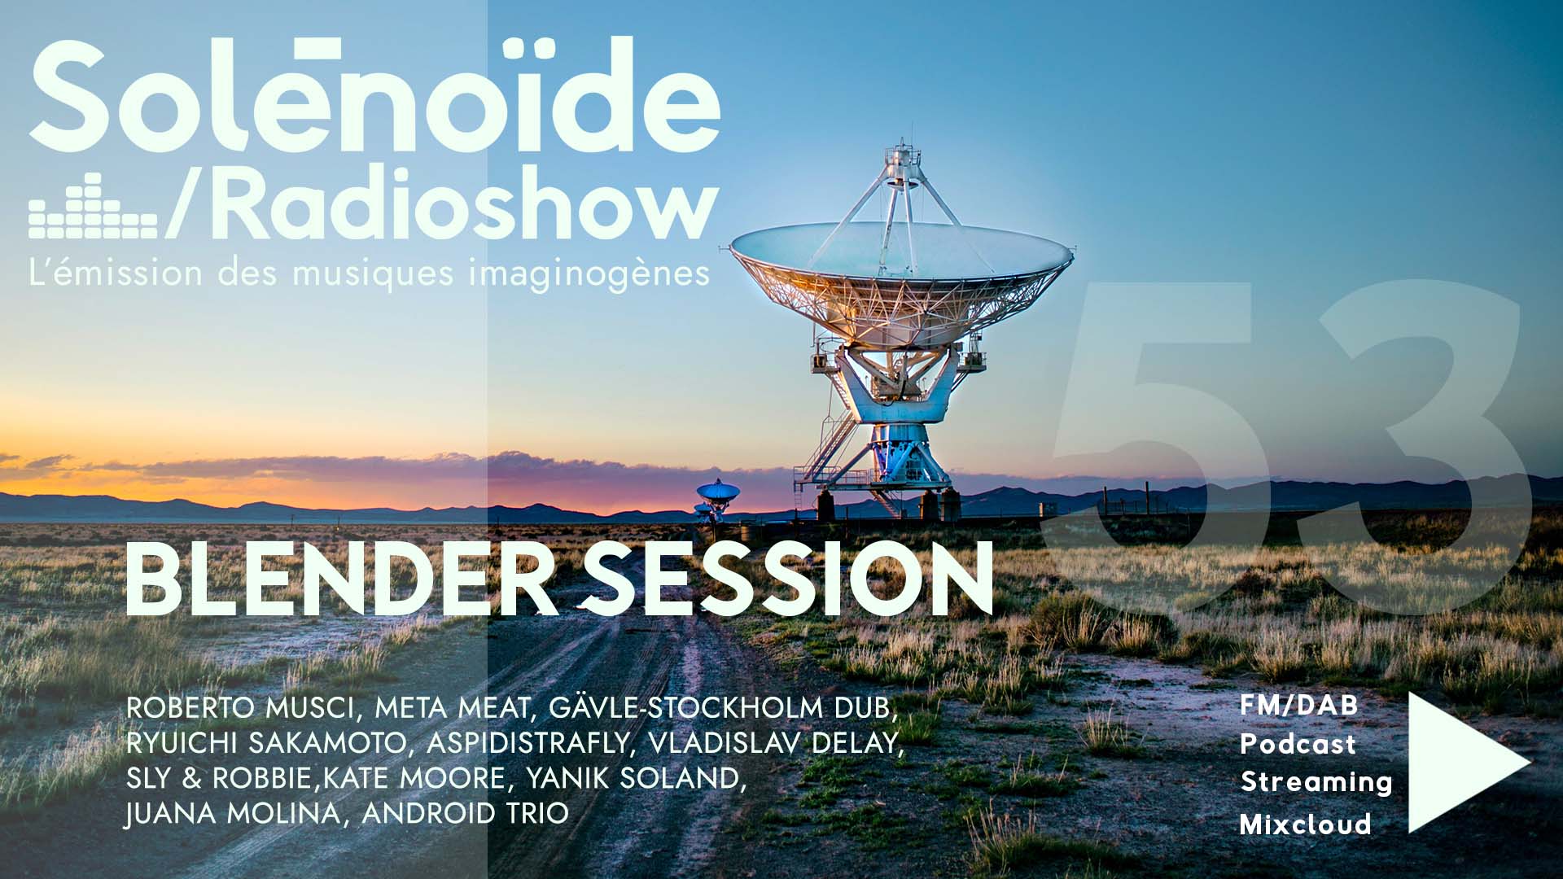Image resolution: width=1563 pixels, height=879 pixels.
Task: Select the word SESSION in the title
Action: pyautogui.click(x=788, y=579)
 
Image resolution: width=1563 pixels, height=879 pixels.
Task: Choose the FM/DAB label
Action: pyautogui.click(x=1299, y=705)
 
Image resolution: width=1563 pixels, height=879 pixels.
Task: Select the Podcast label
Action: pyautogui.click(x=1298, y=744)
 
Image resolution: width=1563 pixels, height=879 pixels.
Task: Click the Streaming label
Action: pyautogui.click(x=1316, y=783)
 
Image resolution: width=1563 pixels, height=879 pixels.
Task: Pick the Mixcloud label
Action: pyautogui.click(x=1305, y=824)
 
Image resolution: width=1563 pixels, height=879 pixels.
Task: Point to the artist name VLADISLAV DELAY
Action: pyautogui.click(x=776, y=743)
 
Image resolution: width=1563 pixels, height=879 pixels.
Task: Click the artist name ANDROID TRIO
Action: pyautogui.click(x=465, y=814)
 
